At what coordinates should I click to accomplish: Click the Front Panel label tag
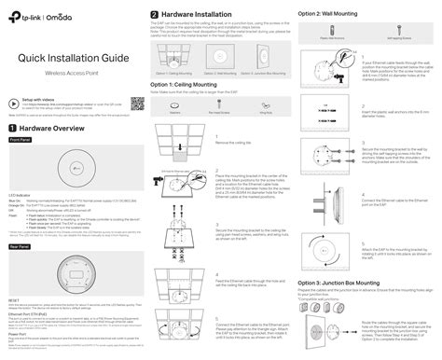point(21,138)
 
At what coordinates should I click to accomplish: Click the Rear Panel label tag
point(20,247)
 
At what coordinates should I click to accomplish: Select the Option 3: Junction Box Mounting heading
point(342,255)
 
